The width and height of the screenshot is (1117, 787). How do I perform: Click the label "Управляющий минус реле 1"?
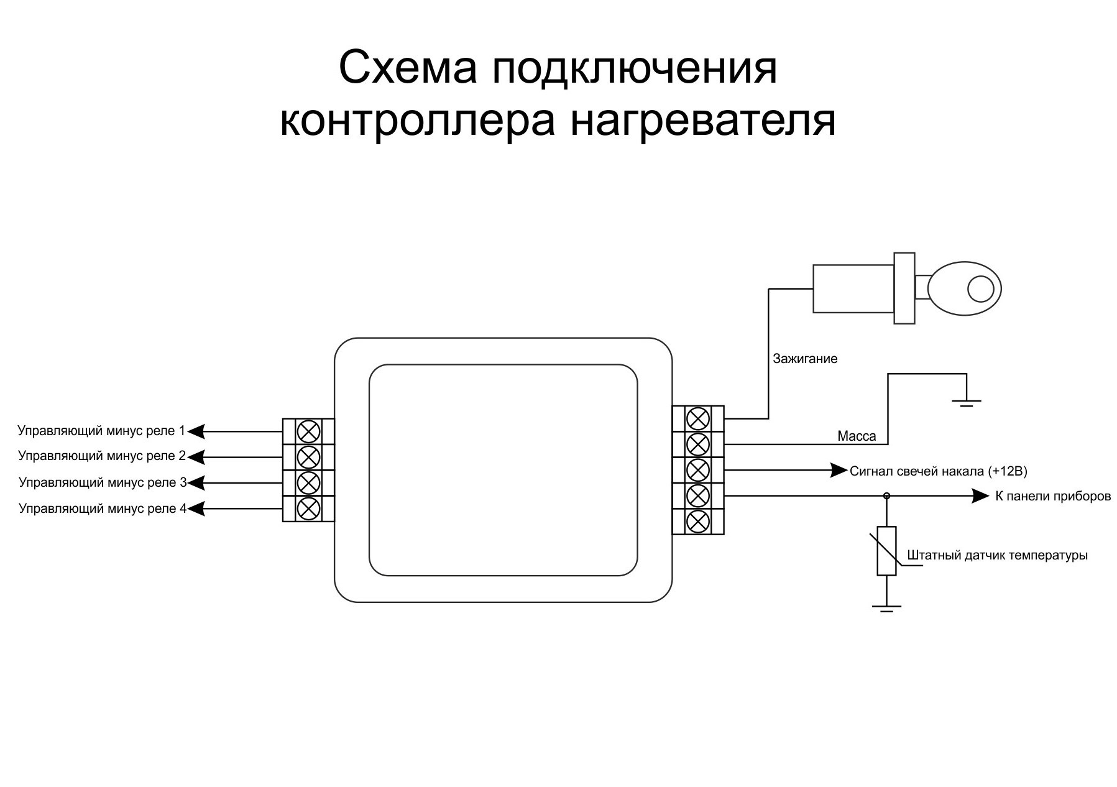[x=101, y=430]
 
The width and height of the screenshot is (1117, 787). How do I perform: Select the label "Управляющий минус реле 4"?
[x=103, y=509]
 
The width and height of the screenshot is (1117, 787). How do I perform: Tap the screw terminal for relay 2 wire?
[x=308, y=457]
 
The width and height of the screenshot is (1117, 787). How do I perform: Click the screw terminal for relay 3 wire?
[x=308, y=482]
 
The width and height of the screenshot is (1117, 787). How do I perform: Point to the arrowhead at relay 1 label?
[x=196, y=431]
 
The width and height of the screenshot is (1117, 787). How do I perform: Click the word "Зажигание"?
[x=804, y=359]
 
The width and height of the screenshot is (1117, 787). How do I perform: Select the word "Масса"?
[x=857, y=436]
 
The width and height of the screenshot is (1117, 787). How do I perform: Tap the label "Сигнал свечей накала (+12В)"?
[x=938, y=471]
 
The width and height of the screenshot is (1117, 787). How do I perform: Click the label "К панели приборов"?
[x=1053, y=496]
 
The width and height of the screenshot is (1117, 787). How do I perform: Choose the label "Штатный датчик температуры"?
[x=997, y=555]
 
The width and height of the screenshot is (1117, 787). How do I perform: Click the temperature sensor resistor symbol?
[x=886, y=551]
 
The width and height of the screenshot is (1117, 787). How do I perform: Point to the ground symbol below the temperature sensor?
[x=886, y=608]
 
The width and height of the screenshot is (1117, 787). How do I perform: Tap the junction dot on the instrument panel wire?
[x=886, y=496]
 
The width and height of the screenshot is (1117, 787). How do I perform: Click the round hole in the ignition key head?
[x=981, y=288]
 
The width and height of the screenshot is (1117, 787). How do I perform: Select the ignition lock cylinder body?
[x=853, y=288]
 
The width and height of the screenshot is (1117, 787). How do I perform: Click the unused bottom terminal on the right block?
[x=698, y=521]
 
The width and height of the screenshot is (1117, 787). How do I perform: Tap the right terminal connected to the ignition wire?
[x=698, y=418]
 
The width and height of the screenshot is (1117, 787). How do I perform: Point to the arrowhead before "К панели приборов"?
[x=981, y=496]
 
